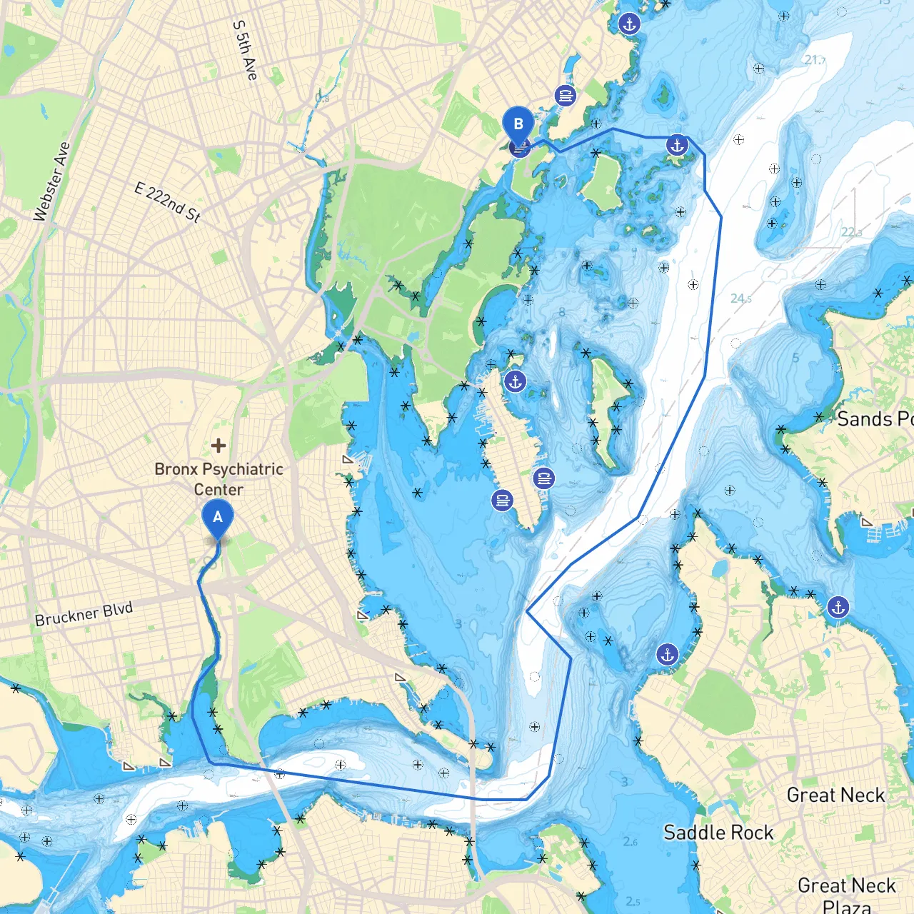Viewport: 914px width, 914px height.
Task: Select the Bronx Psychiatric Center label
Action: pos(219,479)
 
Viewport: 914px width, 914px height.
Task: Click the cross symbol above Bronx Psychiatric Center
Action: pos(219,446)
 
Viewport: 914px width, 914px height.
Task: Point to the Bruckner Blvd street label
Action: pos(84,614)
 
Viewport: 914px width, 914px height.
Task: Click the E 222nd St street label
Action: pos(168,202)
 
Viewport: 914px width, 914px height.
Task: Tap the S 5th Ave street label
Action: pos(245,49)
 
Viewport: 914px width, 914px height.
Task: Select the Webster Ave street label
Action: pos(52,181)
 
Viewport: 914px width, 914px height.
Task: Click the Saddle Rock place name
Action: pos(718,833)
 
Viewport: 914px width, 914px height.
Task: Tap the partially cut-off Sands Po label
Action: pos(875,419)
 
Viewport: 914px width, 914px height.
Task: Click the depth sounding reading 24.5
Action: pos(740,298)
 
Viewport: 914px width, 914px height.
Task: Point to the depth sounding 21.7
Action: pos(815,60)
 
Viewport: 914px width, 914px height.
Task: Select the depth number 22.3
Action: pos(851,232)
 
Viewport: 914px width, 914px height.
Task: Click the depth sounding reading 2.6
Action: pos(630,842)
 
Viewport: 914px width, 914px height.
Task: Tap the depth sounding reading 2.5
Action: pos(633,901)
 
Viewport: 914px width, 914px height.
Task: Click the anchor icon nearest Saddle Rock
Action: pos(667,654)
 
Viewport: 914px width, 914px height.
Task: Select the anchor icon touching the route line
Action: pos(676,146)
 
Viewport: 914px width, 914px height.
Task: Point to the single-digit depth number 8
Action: pos(562,312)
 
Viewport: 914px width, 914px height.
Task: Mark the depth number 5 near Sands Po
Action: pos(795,358)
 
